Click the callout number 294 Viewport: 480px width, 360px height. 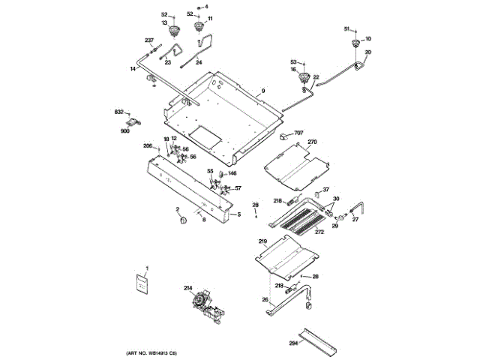[293, 343]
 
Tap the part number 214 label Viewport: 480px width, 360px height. [187, 287]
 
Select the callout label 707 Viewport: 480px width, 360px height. [298, 133]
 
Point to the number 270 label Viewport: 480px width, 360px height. [313, 142]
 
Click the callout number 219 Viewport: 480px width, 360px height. [262, 241]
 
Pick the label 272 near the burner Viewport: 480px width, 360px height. [319, 232]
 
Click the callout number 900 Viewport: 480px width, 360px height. [124, 131]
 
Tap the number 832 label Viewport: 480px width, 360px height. [118, 112]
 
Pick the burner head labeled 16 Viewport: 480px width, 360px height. [304, 79]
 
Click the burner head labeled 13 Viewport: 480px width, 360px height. [175, 31]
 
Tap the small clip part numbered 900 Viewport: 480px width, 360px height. [134, 122]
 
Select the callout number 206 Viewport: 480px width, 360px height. [148, 145]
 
